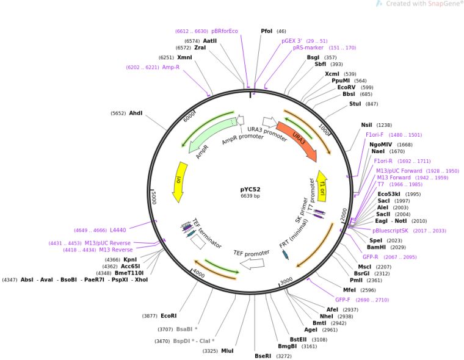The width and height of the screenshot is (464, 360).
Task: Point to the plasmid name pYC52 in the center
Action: coord(250,189)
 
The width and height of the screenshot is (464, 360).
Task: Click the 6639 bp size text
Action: coord(250,196)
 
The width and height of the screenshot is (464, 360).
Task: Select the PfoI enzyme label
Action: coord(267,31)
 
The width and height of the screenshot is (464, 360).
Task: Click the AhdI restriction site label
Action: coord(136,113)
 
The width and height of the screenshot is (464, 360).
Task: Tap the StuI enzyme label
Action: coord(355,104)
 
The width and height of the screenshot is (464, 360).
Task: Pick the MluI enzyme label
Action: coord(227,351)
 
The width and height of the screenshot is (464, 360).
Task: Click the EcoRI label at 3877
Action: coord(169,315)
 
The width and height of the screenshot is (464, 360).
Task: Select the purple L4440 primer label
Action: coord(118,230)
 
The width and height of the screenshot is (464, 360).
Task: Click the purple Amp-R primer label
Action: coord(171,67)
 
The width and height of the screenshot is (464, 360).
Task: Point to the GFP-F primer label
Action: coord(343,300)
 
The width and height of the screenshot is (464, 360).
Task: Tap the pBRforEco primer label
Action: coord(225,31)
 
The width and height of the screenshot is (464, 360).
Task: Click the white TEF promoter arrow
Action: coord(252,263)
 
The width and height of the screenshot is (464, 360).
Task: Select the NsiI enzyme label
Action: coord(366,124)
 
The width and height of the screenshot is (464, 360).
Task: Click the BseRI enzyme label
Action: coord(263,355)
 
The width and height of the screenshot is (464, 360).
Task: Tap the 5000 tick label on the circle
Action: coord(156,198)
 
